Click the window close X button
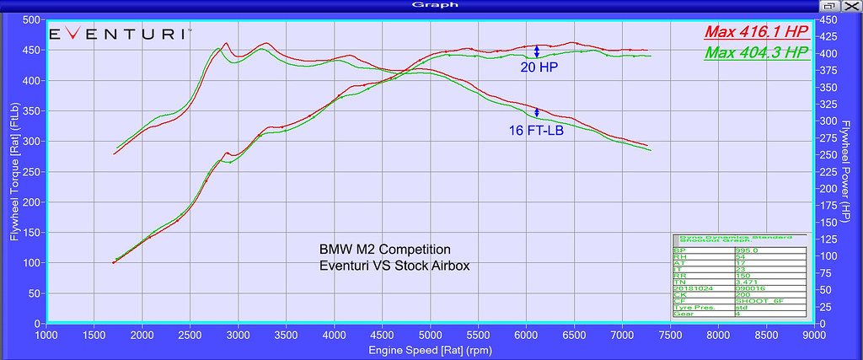(852, 6)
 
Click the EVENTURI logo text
(118, 35)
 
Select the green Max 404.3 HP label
(757, 53)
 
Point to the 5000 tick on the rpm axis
(431, 334)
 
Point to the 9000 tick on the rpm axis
(813, 334)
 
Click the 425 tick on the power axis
(828, 36)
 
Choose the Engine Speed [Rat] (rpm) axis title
(431, 349)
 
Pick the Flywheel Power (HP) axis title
(850, 171)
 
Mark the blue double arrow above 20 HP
(537, 51)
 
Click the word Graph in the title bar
(431, 5)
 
